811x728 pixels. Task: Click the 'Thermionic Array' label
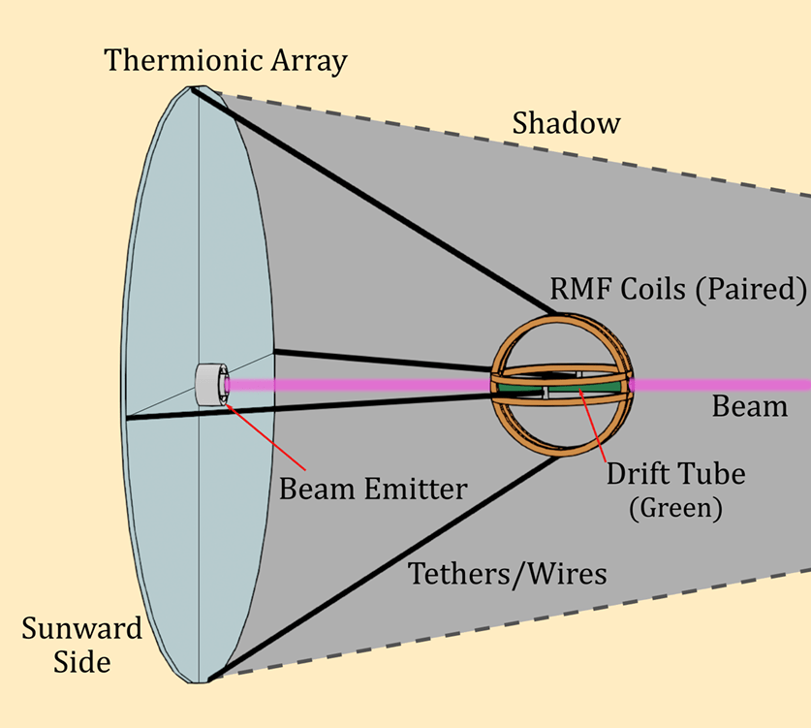click(x=226, y=61)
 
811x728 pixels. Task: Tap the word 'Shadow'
click(x=566, y=124)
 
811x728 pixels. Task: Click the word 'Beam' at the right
click(x=750, y=406)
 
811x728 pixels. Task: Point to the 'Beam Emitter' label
click(x=373, y=488)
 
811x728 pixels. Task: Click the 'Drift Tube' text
click(x=676, y=475)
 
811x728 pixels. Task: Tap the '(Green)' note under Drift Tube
click(x=675, y=508)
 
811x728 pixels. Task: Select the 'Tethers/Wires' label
click(x=508, y=573)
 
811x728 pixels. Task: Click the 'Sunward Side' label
click(x=81, y=646)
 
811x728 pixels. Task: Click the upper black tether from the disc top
click(x=378, y=204)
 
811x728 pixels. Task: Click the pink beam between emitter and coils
click(x=359, y=385)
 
